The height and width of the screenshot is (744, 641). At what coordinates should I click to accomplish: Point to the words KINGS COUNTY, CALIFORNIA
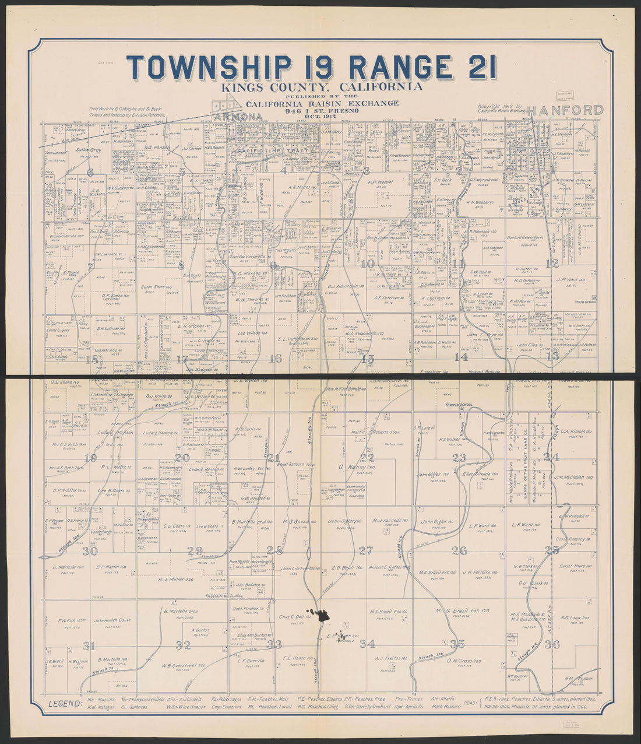point(321,87)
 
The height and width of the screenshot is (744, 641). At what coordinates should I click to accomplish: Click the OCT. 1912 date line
point(322,115)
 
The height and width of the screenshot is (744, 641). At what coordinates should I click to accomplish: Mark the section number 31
point(89,645)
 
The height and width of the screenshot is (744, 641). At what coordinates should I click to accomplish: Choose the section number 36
point(552,644)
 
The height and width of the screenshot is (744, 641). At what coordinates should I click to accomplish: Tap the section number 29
point(195,550)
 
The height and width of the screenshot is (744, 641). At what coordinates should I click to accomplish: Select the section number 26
point(459,550)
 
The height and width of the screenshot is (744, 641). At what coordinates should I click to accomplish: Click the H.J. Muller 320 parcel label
point(175,580)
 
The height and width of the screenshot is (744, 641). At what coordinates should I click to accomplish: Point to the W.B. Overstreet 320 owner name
point(184,665)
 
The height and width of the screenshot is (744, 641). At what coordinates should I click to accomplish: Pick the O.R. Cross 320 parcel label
point(464,661)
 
